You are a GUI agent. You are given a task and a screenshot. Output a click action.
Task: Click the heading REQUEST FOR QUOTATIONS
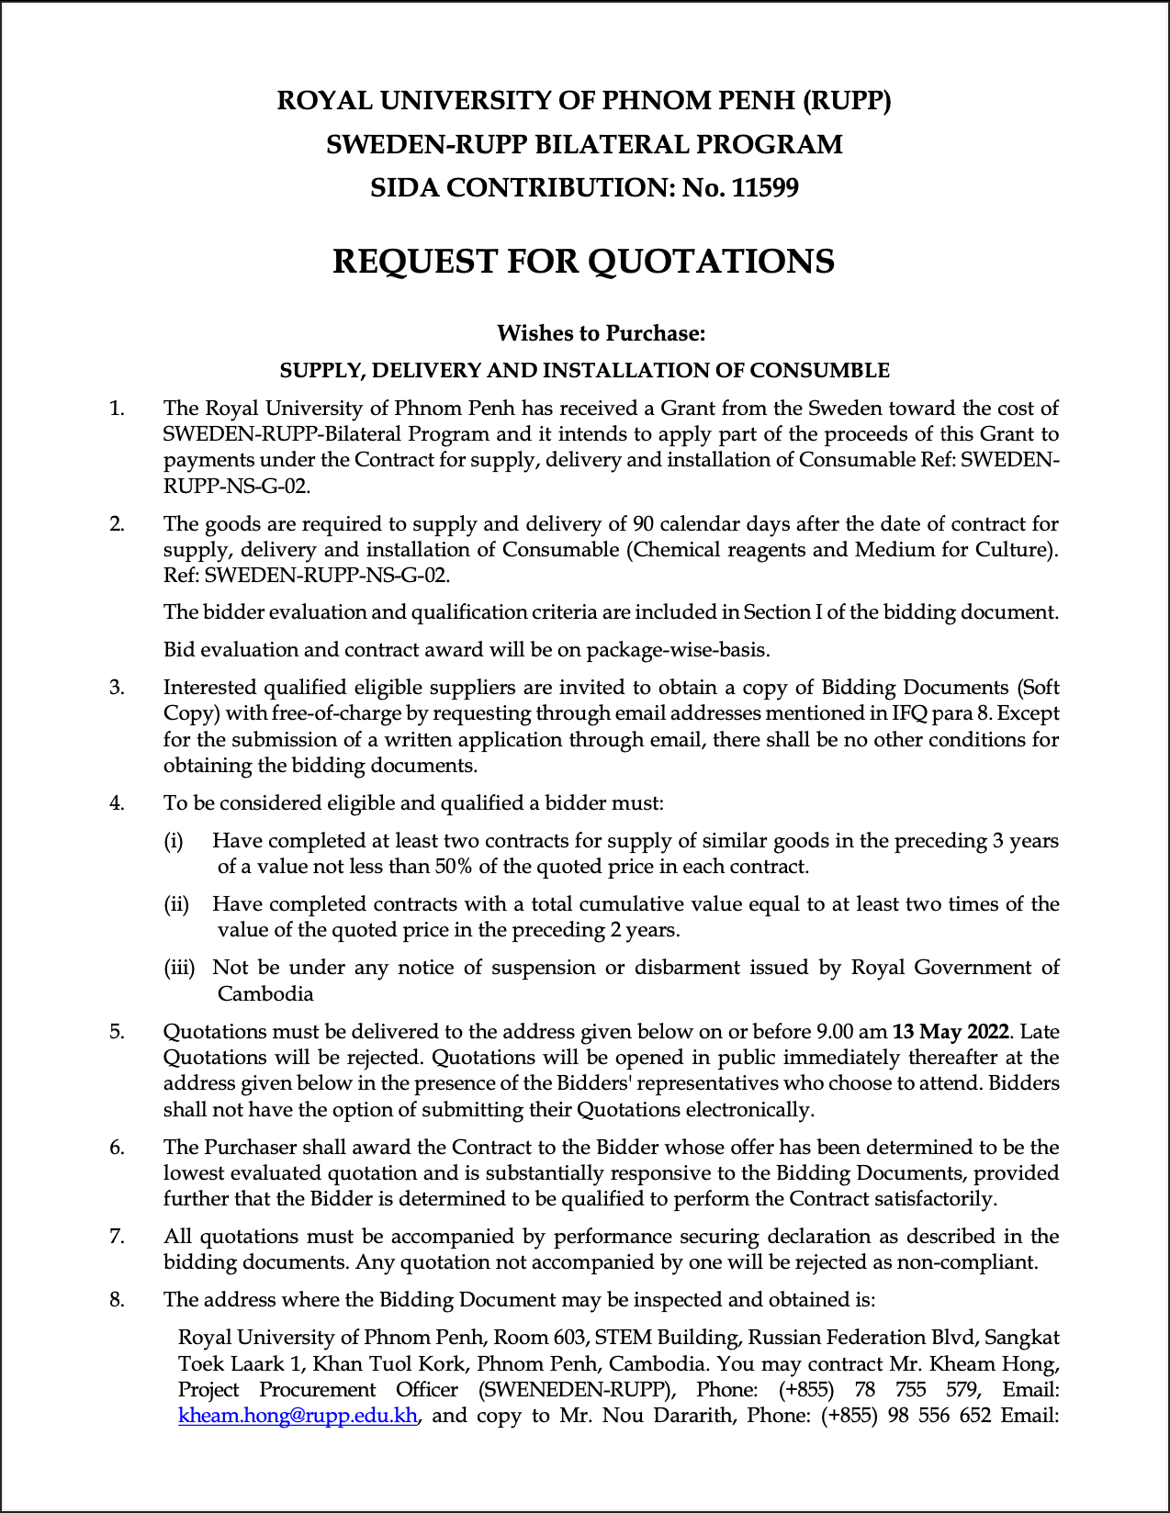tap(583, 262)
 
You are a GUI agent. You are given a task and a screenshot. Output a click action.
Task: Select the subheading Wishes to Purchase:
tap(601, 333)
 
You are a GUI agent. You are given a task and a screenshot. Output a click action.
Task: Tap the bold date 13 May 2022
tap(951, 1032)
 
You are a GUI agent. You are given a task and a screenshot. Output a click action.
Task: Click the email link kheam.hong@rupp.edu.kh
tap(298, 1415)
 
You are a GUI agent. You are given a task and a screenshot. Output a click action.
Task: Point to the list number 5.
tap(117, 1032)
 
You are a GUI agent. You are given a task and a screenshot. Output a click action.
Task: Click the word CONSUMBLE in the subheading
tap(819, 371)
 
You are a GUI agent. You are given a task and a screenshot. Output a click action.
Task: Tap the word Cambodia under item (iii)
tap(265, 993)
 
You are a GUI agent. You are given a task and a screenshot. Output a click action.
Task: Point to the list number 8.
tap(117, 1300)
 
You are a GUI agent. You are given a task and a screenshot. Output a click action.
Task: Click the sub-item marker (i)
tap(174, 841)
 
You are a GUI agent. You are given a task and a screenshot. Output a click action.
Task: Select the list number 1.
tap(117, 409)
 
